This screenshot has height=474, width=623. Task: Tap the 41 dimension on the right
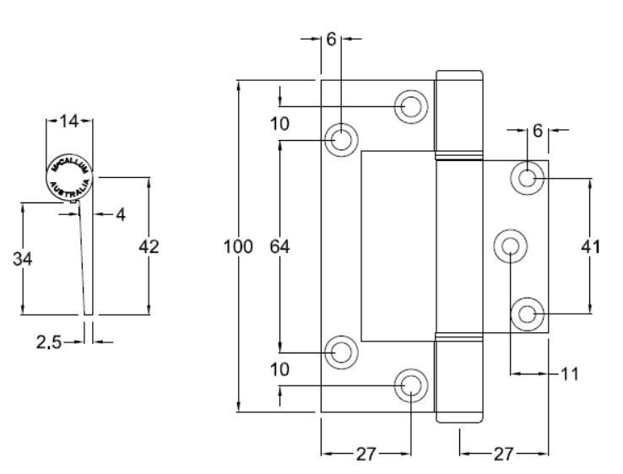[590, 247]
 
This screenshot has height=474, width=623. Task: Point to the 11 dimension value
[572, 371]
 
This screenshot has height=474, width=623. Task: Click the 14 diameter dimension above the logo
[68, 122]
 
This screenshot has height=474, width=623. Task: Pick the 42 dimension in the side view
[149, 247]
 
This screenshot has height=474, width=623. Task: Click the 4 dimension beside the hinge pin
[120, 215]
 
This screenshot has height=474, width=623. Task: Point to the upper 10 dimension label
[279, 124]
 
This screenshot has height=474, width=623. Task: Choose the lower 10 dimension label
[279, 369]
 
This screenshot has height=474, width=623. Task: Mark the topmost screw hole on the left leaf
[411, 105]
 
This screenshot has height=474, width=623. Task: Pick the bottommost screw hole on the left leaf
[411, 385]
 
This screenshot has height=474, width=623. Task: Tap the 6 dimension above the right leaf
[537, 131]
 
